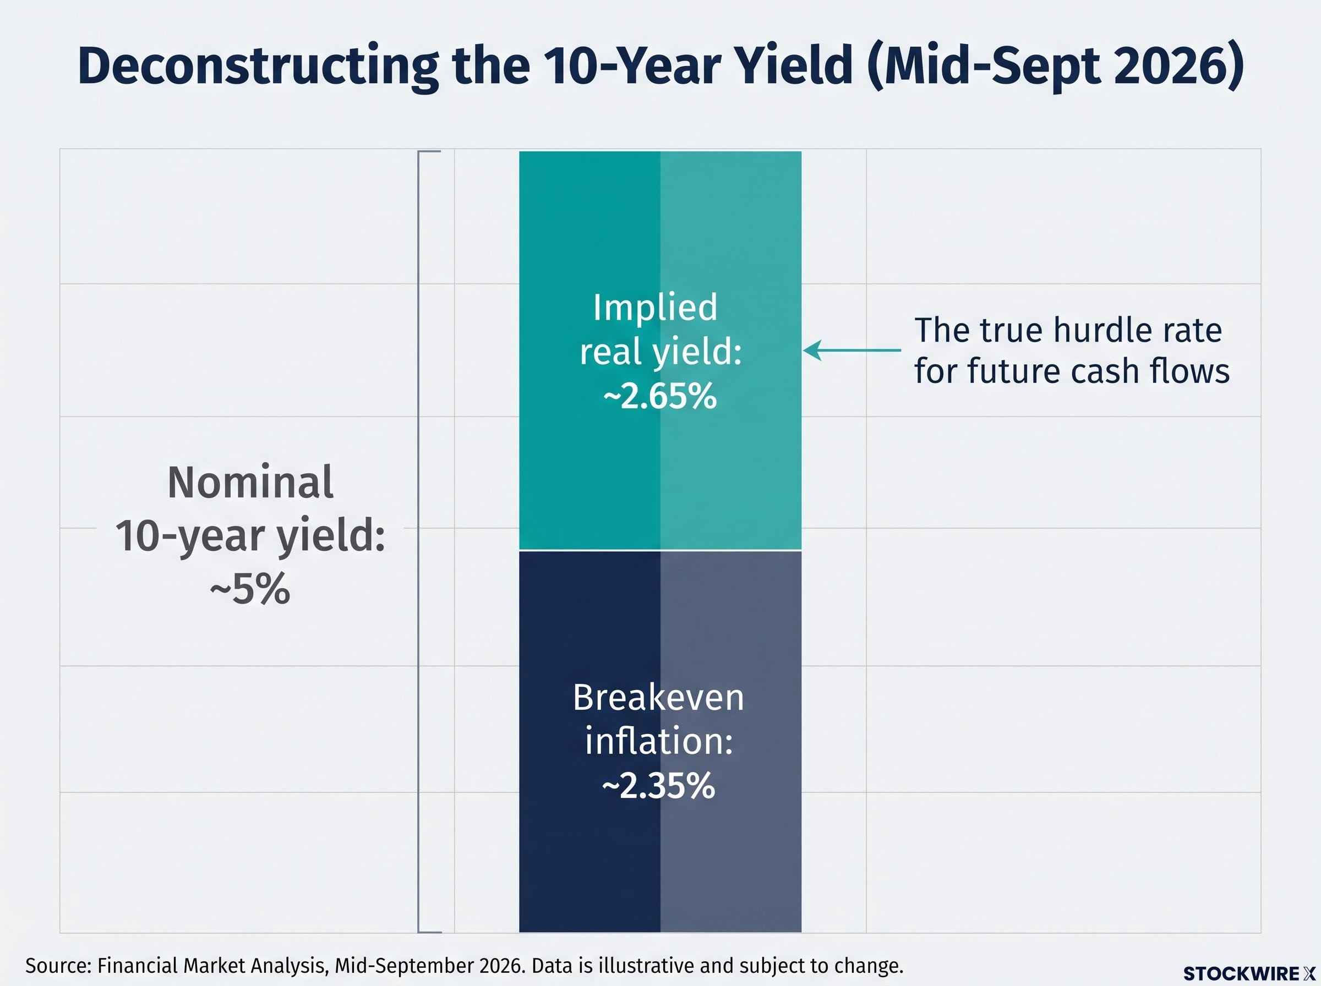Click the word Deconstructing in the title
pos(258,65)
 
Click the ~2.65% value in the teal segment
pos(659,396)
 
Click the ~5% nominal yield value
pos(250,590)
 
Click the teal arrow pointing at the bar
pos(853,350)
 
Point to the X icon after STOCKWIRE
pos(1309,974)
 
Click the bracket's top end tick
pos(430,152)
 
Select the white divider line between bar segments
pos(660,550)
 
